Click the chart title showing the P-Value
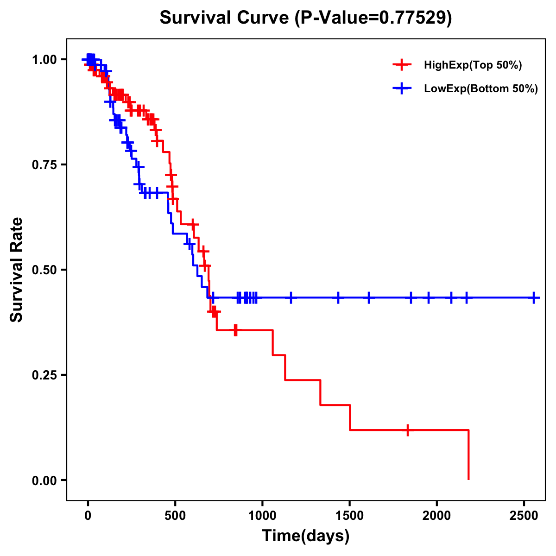306,18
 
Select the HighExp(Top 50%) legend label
473,65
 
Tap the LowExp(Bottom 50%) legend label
481,89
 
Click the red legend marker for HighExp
402,65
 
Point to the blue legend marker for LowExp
402,88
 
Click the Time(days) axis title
306,536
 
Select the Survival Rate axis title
17,270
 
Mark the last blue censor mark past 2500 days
534,297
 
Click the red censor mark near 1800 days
407,430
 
